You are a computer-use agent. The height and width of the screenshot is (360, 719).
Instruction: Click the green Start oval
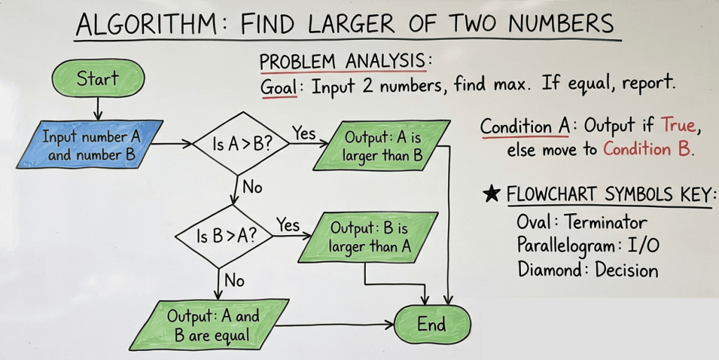(98, 78)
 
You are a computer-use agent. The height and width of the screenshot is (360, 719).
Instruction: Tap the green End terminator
(432, 324)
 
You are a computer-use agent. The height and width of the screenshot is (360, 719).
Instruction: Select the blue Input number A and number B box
(91, 145)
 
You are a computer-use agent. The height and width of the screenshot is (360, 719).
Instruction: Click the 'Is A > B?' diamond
(242, 144)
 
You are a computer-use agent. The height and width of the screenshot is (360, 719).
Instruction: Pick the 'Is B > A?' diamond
(225, 236)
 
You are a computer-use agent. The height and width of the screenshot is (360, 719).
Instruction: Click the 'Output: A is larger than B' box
(381, 146)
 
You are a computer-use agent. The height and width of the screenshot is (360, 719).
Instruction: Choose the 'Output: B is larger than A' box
(369, 237)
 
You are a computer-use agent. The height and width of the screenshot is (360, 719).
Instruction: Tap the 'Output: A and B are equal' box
(209, 325)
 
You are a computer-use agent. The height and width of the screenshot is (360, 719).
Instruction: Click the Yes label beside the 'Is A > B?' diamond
(304, 133)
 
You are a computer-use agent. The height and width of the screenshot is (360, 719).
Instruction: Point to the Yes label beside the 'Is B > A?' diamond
(288, 225)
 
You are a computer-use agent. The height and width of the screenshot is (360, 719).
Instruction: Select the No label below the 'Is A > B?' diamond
(252, 187)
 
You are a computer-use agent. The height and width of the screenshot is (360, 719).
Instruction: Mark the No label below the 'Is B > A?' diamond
(235, 279)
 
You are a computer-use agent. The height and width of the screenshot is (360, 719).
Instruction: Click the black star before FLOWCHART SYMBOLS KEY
(492, 194)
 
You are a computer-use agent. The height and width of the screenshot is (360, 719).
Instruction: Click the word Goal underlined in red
(278, 87)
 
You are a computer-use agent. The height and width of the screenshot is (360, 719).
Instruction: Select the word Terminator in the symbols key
(605, 222)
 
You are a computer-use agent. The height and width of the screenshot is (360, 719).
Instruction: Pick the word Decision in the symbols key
(627, 269)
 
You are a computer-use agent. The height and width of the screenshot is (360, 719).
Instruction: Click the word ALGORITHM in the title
(146, 25)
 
